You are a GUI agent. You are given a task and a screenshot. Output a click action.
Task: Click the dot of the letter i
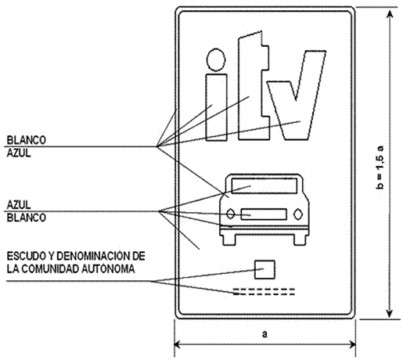pyautogui.click(x=216, y=59)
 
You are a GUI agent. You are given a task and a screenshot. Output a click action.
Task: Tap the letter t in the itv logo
pyautogui.click(x=254, y=86)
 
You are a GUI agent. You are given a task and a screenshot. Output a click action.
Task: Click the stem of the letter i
pyautogui.click(x=216, y=107)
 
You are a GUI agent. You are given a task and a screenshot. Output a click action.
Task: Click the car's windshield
pyautogui.click(x=264, y=185)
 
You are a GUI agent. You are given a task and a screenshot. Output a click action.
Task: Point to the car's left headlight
pyautogui.click(x=230, y=214)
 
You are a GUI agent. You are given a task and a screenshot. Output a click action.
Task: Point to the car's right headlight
pyautogui.click(x=298, y=214)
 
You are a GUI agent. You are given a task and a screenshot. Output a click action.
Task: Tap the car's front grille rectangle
pyautogui.click(x=264, y=214)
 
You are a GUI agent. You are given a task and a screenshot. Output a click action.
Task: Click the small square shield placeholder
pyautogui.click(x=264, y=269)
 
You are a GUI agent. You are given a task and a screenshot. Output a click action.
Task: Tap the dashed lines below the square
pyautogui.click(x=264, y=292)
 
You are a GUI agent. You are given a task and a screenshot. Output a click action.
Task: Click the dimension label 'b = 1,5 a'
pyautogui.click(x=381, y=167)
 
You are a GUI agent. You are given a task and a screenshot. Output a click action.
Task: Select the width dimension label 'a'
pyautogui.click(x=264, y=334)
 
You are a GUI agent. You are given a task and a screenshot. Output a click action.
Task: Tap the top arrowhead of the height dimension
pyautogui.click(x=390, y=15)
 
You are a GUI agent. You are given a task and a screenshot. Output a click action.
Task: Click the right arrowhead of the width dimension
pyautogui.click(x=351, y=344)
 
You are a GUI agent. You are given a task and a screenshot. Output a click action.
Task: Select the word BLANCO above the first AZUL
pyautogui.click(x=26, y=140)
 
